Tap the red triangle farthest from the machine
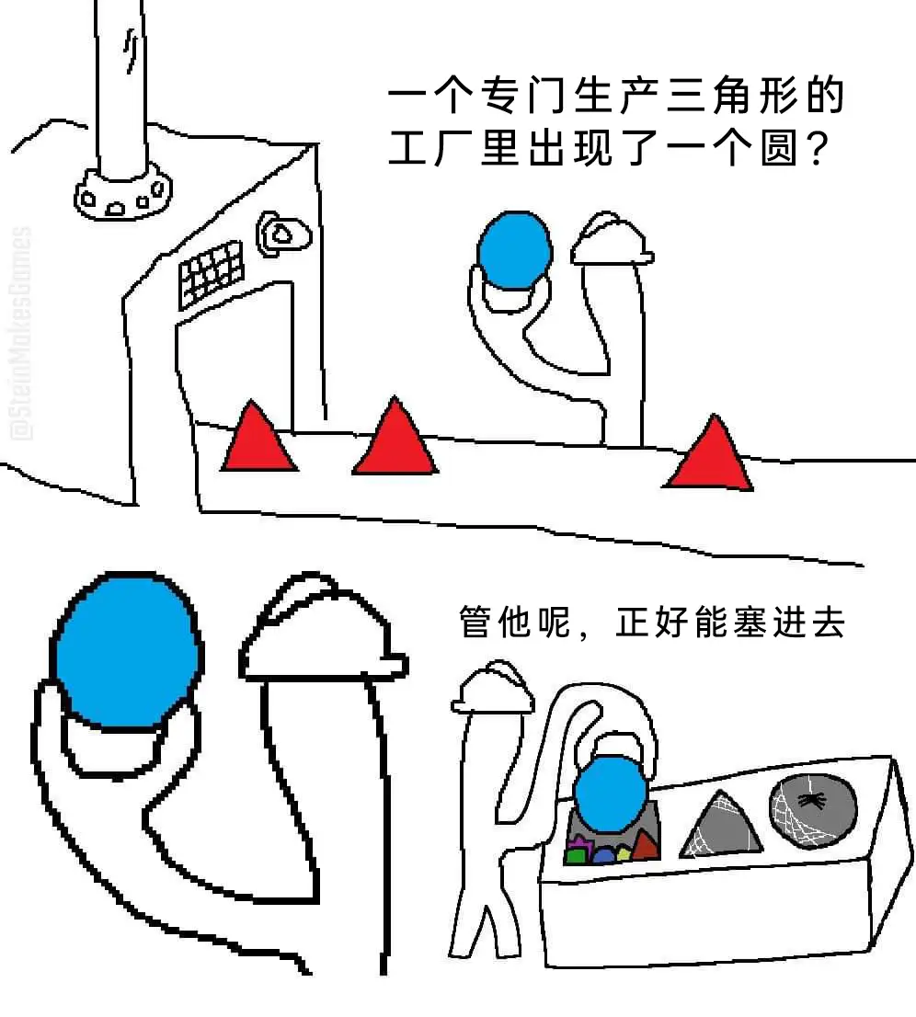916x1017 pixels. [710, 457]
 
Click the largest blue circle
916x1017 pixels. [126, 650]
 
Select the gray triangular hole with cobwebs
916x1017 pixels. [720, 827]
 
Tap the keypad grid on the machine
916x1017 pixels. [211, 272]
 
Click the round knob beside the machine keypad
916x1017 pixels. [283, 234]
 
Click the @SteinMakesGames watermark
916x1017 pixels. [22, 333]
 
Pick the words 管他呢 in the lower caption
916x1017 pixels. [514, 623]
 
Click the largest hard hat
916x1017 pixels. [323, 629]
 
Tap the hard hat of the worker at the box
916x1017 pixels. [493, 688]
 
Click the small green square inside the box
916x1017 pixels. [576, 856]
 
